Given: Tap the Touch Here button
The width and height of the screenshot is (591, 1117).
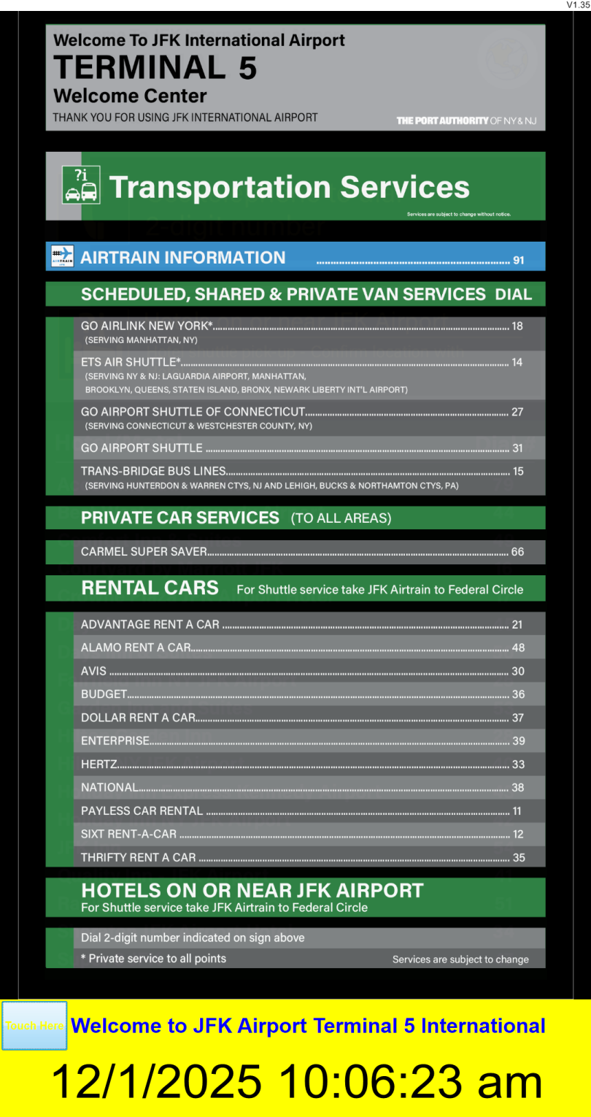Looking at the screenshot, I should [x=34, y=1025].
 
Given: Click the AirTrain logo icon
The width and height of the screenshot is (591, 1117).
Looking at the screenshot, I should [x=63, y=257].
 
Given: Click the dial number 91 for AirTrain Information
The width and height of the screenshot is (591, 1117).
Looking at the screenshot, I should [x=519, y=260].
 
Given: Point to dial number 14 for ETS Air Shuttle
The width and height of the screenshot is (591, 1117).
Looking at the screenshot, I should [x=517, y=362].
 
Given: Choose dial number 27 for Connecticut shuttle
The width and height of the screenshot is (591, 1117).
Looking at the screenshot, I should [x=517, y=412].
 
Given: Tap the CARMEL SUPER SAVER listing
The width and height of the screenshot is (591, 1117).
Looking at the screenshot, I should [x=144, y=552].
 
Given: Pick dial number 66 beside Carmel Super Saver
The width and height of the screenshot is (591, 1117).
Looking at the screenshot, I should [x=517, y=552].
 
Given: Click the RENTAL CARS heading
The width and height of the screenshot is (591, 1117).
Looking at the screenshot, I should [x=150, y=588].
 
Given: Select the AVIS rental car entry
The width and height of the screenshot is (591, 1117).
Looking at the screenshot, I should [x=93, y=671].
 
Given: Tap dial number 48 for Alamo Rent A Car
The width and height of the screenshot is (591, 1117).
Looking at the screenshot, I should [x=518, y=648].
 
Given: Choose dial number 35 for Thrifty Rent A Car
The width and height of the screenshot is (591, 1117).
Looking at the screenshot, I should [x=518, y=858].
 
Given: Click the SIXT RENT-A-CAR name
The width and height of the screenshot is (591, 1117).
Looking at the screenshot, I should [x=128, y=834].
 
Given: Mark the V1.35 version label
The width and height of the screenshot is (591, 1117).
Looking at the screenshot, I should [x=577, y=5].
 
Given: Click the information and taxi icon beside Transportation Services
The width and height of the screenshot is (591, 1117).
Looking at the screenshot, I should [x=81, y=185].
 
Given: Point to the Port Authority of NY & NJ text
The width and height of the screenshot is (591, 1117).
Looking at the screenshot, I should [x=466, y=120].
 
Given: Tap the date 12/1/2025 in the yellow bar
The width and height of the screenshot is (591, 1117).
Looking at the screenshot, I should [x=155, y=1081].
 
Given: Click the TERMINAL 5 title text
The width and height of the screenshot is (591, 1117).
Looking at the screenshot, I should [x=155, y=68].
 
